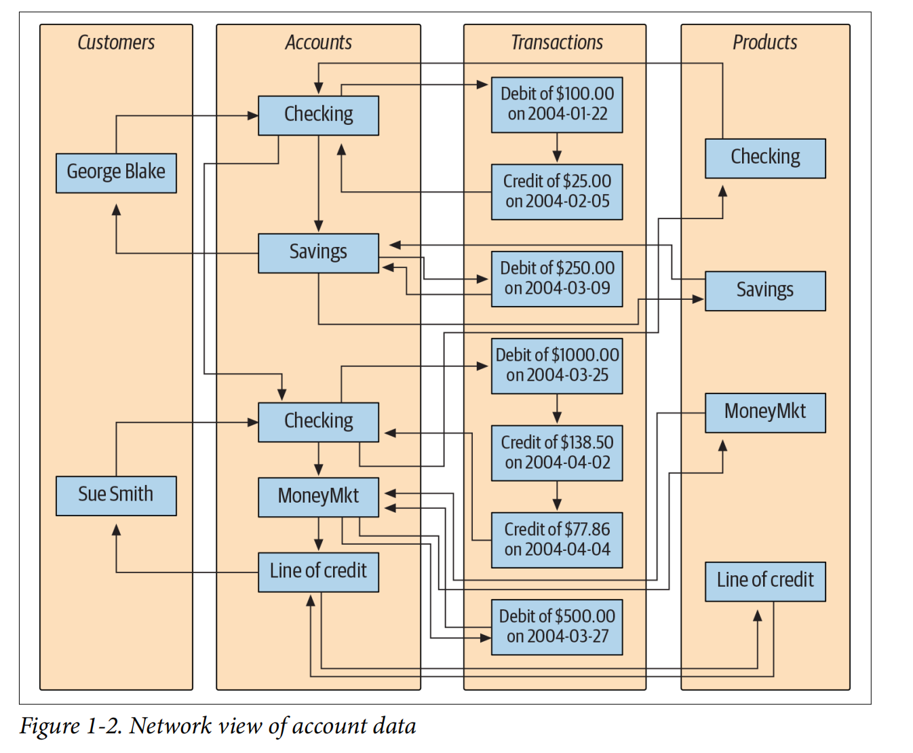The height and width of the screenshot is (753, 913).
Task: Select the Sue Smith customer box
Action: tap(116, 495)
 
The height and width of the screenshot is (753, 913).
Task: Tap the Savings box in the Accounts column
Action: tap(318, 253)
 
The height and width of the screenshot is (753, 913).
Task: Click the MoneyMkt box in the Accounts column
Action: tap(318, 497)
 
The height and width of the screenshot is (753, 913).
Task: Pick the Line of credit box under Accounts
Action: tap(318, 572)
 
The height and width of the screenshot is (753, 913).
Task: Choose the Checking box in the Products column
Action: tap(765, 158)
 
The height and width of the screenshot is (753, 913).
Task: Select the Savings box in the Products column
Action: tap(765, 291)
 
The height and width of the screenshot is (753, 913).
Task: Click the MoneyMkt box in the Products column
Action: tap(765, 412)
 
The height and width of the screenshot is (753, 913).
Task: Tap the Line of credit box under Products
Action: tap(765, 581)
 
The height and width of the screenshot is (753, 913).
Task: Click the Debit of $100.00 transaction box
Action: tap(557, 104)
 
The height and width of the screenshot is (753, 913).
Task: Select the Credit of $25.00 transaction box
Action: tap(557, 192)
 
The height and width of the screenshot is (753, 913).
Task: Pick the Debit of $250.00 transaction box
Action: tap(557, 279)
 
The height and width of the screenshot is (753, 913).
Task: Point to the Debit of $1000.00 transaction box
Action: tap(557, 366)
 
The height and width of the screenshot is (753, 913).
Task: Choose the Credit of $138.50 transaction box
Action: tap(557, 453)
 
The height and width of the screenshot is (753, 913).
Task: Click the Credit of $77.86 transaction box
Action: tap(557, 540)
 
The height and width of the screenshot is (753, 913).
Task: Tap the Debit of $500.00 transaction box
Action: tap(557, 627)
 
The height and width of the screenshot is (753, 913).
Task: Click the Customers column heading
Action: tap(116, 43)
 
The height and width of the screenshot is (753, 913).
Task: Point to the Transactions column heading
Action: tap(557, 43)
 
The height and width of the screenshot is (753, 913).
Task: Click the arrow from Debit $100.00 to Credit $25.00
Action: tap(557, 148)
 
